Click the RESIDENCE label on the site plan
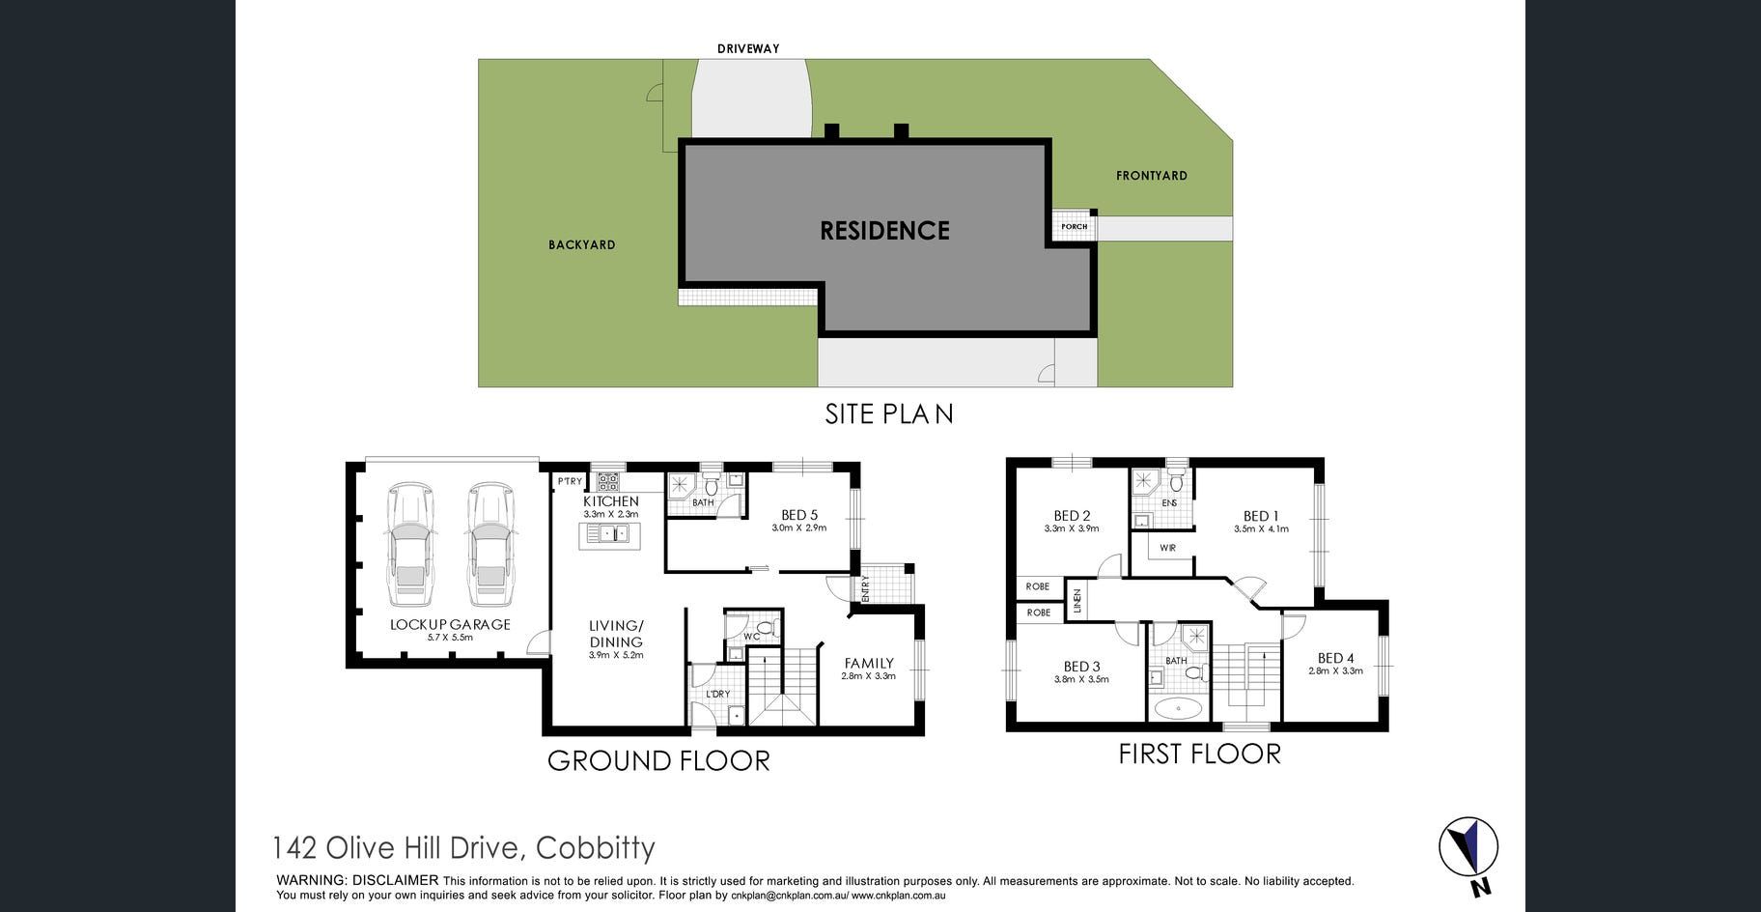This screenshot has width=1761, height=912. tap(884, 231)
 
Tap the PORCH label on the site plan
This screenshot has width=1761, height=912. tap(1074, 227)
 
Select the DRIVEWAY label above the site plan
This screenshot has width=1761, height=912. tap(748, 48)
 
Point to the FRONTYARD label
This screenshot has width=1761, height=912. tap(1152, 176)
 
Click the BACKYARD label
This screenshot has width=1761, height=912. tap(582, 245)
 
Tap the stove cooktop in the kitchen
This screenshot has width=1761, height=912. tap(607, 480)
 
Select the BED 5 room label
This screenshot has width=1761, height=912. tap(799, 515)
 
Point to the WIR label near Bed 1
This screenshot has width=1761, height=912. tap(1168, 548)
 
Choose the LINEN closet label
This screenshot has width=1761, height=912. tap(1077, 602)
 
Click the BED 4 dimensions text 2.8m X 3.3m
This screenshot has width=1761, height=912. tap(1335, 670)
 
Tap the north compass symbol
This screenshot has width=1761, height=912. tap(1468, 847)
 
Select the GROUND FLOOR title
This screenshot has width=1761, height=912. tap(658, 761)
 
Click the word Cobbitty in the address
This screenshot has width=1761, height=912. tap(596, 848)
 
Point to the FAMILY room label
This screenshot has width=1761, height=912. tap(869, 663)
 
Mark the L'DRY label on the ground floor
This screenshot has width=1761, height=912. tap(717, 694)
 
